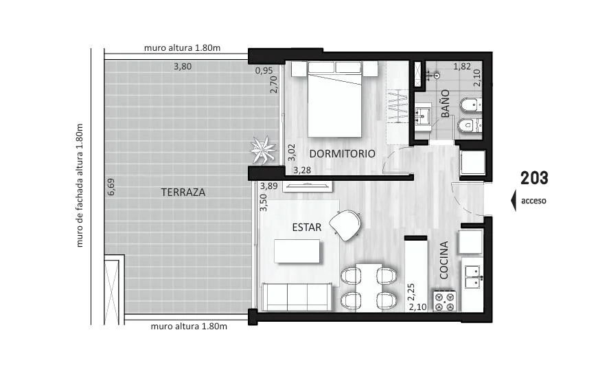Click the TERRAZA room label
click(183, 192)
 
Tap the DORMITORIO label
click(342, 153)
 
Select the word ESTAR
click(306, 228)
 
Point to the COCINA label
click(444, 260)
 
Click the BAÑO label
click(446, 103)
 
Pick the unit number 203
click(534, 178)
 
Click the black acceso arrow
click(514, 201)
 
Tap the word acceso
click(533, 201)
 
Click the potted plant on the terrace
click(263, 150)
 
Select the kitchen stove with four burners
click(445, 301)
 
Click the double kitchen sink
click(473, 277)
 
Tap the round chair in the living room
click(345, 225)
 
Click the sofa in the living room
click(297, 297)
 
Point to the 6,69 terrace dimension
click(111, 186)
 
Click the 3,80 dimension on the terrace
click(183, 67)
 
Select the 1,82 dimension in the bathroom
click(462, 67)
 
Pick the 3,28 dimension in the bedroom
click(302, 170)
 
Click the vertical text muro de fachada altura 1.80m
click(80, 186)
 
